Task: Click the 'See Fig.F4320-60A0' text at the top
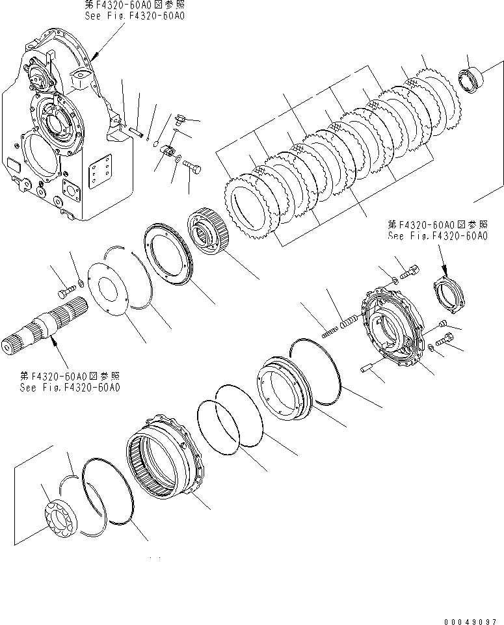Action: click(x=134, y=14)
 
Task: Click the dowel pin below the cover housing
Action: click(x=365, y=369)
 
